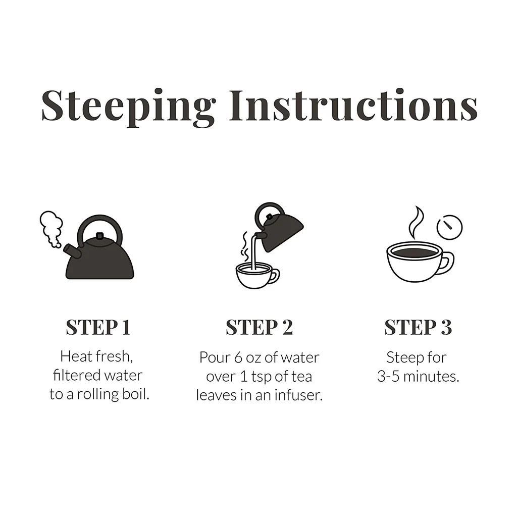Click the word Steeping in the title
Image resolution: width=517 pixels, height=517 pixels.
pyautogui.click(x=129, y=108)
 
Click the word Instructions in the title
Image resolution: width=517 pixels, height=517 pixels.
pyautogui.click(x=353, y=105)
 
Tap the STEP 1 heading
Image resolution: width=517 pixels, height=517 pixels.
pyautogui.click(x=98, y=327)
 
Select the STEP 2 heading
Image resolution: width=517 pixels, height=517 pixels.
pyautogui.click(x=259, y=327)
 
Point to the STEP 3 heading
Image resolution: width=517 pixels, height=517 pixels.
pyautogui.click(x=418, y=327)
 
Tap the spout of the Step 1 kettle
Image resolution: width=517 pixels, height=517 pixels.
pyautogui.click(x=73, y=251)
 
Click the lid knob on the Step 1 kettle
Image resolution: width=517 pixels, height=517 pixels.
pyautogui.click(x=99, y=236)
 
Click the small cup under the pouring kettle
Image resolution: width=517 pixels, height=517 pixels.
pyautogui.click(x=257, y=275)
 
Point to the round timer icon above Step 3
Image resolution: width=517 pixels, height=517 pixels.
pyautogui.click(x=449, y=227)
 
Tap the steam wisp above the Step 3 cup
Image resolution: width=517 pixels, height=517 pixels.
pyautogui.click(x=415, y=222)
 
